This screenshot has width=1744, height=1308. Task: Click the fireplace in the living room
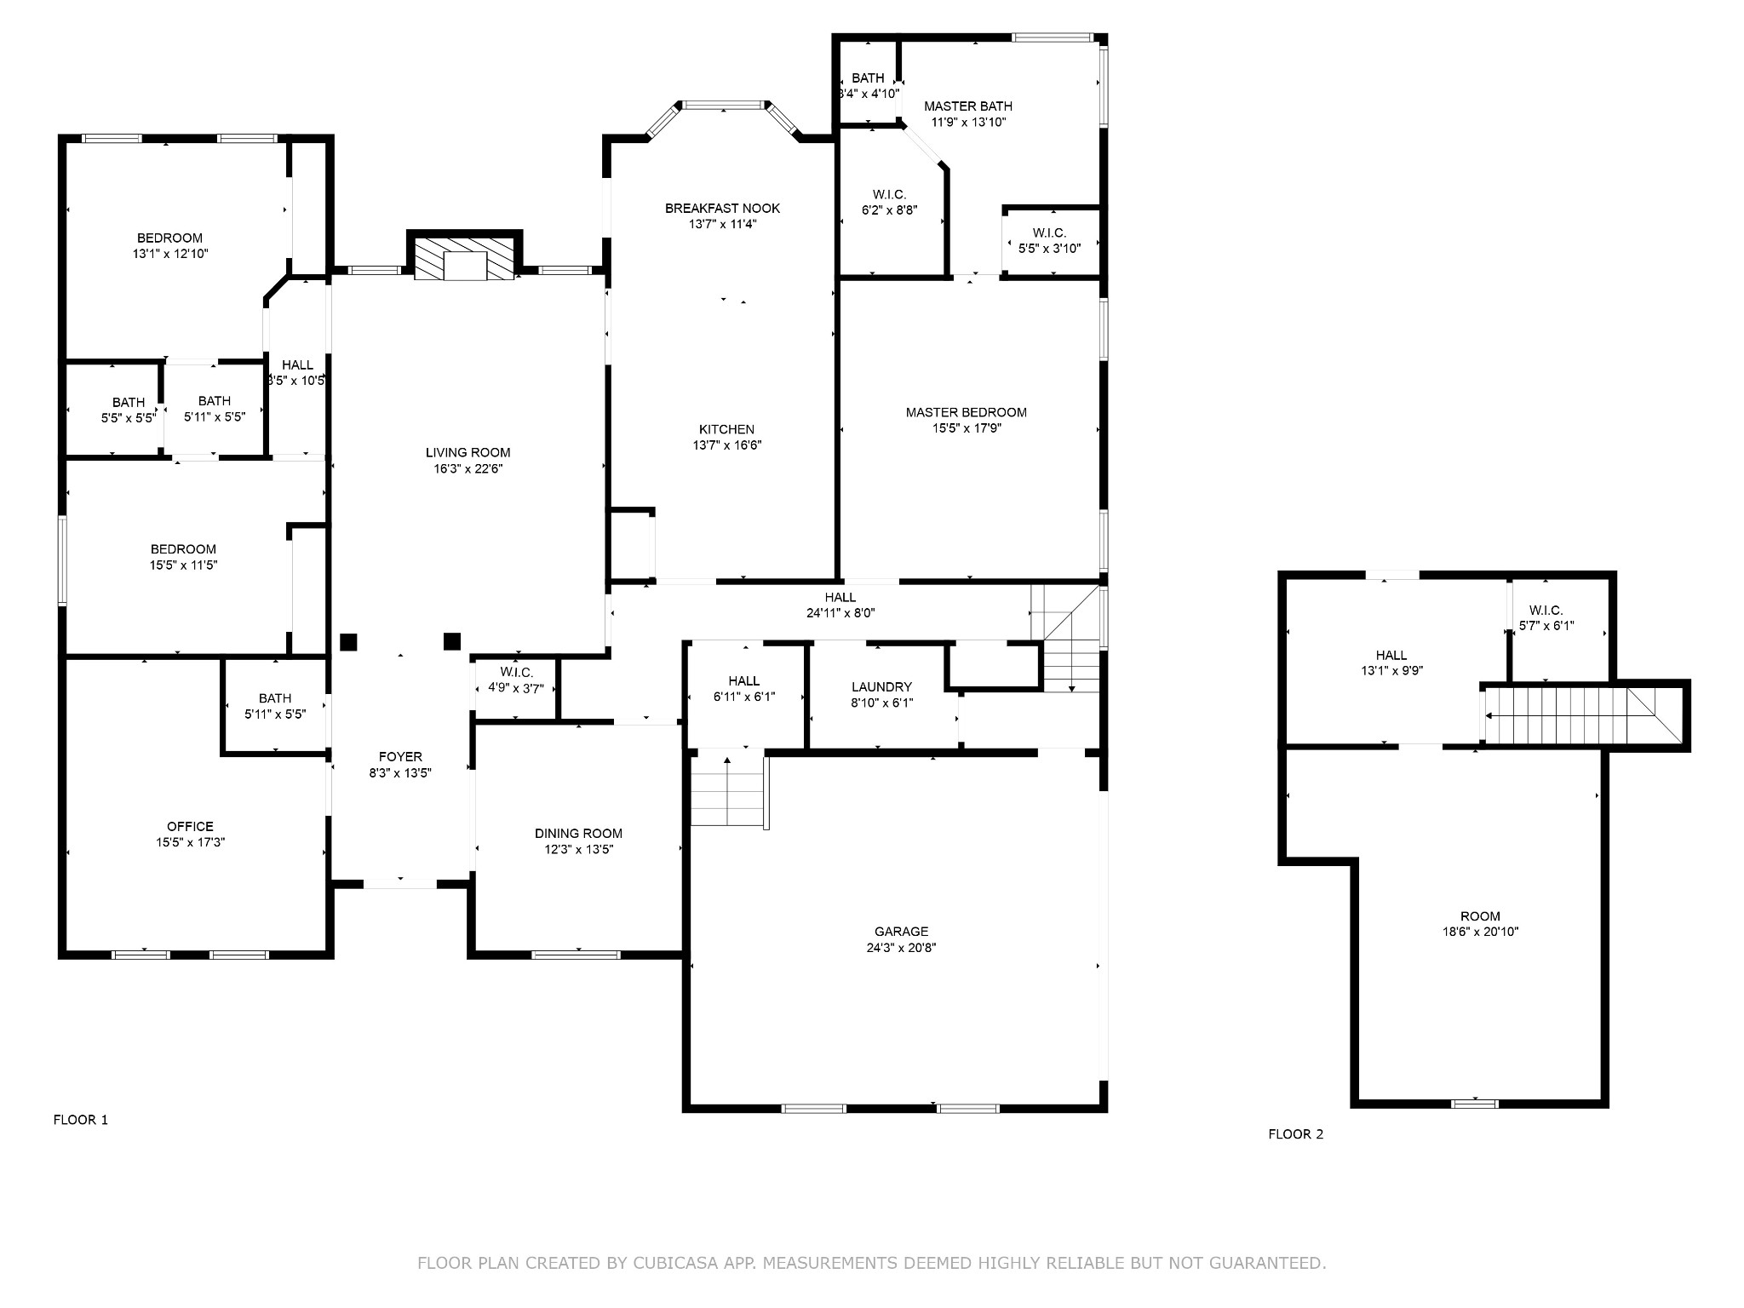(464, 258)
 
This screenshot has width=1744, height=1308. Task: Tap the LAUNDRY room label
(881, 687)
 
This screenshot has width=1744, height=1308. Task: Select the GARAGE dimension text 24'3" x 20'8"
(901, 948)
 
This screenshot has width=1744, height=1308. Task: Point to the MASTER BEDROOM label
(966, 412)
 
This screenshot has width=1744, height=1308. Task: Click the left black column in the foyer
(348, 642)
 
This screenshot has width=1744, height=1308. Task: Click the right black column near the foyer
(452, 641)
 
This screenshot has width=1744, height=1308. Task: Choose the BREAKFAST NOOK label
(722, 208)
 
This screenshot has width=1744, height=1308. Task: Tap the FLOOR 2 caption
(1295, 1134)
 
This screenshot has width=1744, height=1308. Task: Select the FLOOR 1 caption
(81, 1120)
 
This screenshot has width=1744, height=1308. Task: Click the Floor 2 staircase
(1567, 715)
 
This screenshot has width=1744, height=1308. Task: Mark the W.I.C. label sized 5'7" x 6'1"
(1546, 611)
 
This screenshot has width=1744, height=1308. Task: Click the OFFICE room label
(190, 826)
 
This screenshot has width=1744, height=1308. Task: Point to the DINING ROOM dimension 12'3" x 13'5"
(578, 849)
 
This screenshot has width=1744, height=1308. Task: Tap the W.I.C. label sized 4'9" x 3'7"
(516, 673)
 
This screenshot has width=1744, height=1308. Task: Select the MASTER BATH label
(968, 106)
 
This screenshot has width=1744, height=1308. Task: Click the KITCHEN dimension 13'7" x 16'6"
(726, 445)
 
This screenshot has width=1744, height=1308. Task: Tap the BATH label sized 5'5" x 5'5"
(129, 403)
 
